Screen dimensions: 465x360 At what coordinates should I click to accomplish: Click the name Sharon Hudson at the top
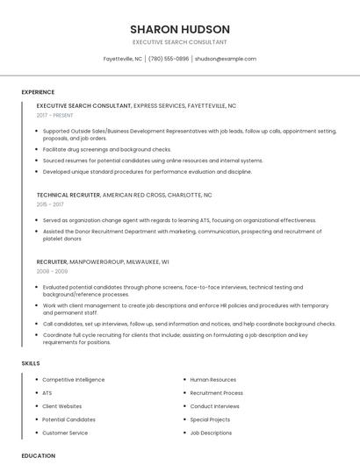click(180, 29)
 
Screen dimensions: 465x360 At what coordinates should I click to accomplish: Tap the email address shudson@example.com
click(226, 59)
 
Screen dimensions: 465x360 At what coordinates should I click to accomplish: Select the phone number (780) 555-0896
click(169, 59)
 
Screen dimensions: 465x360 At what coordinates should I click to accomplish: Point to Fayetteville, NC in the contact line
click(123, 59)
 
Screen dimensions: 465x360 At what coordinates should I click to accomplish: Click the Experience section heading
click(38, 92)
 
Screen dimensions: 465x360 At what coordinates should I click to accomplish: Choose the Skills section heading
click(31, 362)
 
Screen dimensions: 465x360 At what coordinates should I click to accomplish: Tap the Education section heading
click(39, 455)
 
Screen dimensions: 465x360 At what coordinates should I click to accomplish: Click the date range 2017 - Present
click(55, 115)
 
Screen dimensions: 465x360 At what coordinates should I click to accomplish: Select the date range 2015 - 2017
click(51, 204)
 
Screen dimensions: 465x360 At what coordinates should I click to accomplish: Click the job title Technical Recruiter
click(68, 194)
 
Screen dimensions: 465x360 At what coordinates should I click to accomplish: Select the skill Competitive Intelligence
click(73, 380)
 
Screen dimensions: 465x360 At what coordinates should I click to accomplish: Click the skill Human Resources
click(213, 380)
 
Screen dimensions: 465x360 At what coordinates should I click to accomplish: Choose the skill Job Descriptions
click(211, 433)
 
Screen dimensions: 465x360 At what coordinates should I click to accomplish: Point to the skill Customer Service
click(65, 433)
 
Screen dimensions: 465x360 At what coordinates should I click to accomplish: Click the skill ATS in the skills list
click(47, 393)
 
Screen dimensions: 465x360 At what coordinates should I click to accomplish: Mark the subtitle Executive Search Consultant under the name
click(180, 42)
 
